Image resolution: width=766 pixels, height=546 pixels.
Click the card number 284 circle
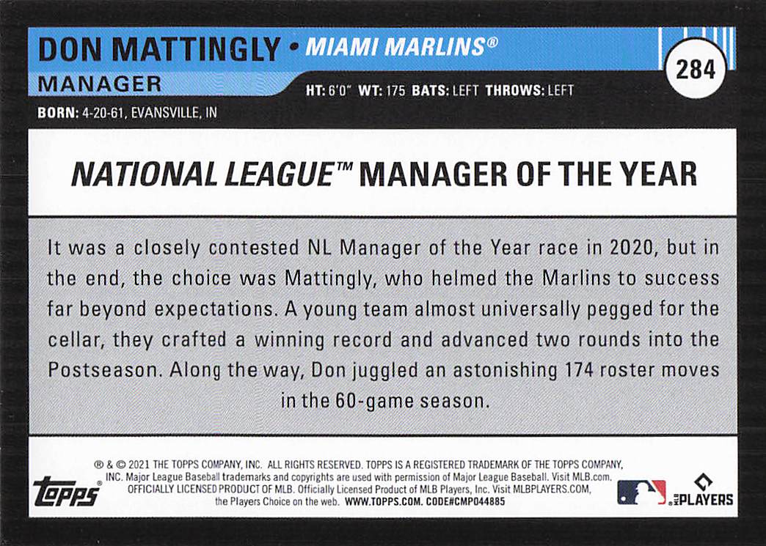click(695, 69)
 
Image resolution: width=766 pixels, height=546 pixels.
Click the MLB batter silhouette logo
click(641, 492)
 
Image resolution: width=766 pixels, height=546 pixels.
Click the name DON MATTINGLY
click(159, 49)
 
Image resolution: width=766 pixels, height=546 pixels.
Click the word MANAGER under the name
click(99, 84)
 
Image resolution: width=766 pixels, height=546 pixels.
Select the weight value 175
click(395, 91)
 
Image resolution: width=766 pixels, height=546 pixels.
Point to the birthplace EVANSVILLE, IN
click(173, 113)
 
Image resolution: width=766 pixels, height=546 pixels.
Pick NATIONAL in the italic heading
click(144, 174)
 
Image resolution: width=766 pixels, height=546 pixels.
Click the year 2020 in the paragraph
click(631, 248)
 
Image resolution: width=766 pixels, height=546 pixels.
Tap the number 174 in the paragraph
click(580, 370)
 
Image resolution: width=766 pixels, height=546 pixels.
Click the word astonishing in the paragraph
click(505, 371)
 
